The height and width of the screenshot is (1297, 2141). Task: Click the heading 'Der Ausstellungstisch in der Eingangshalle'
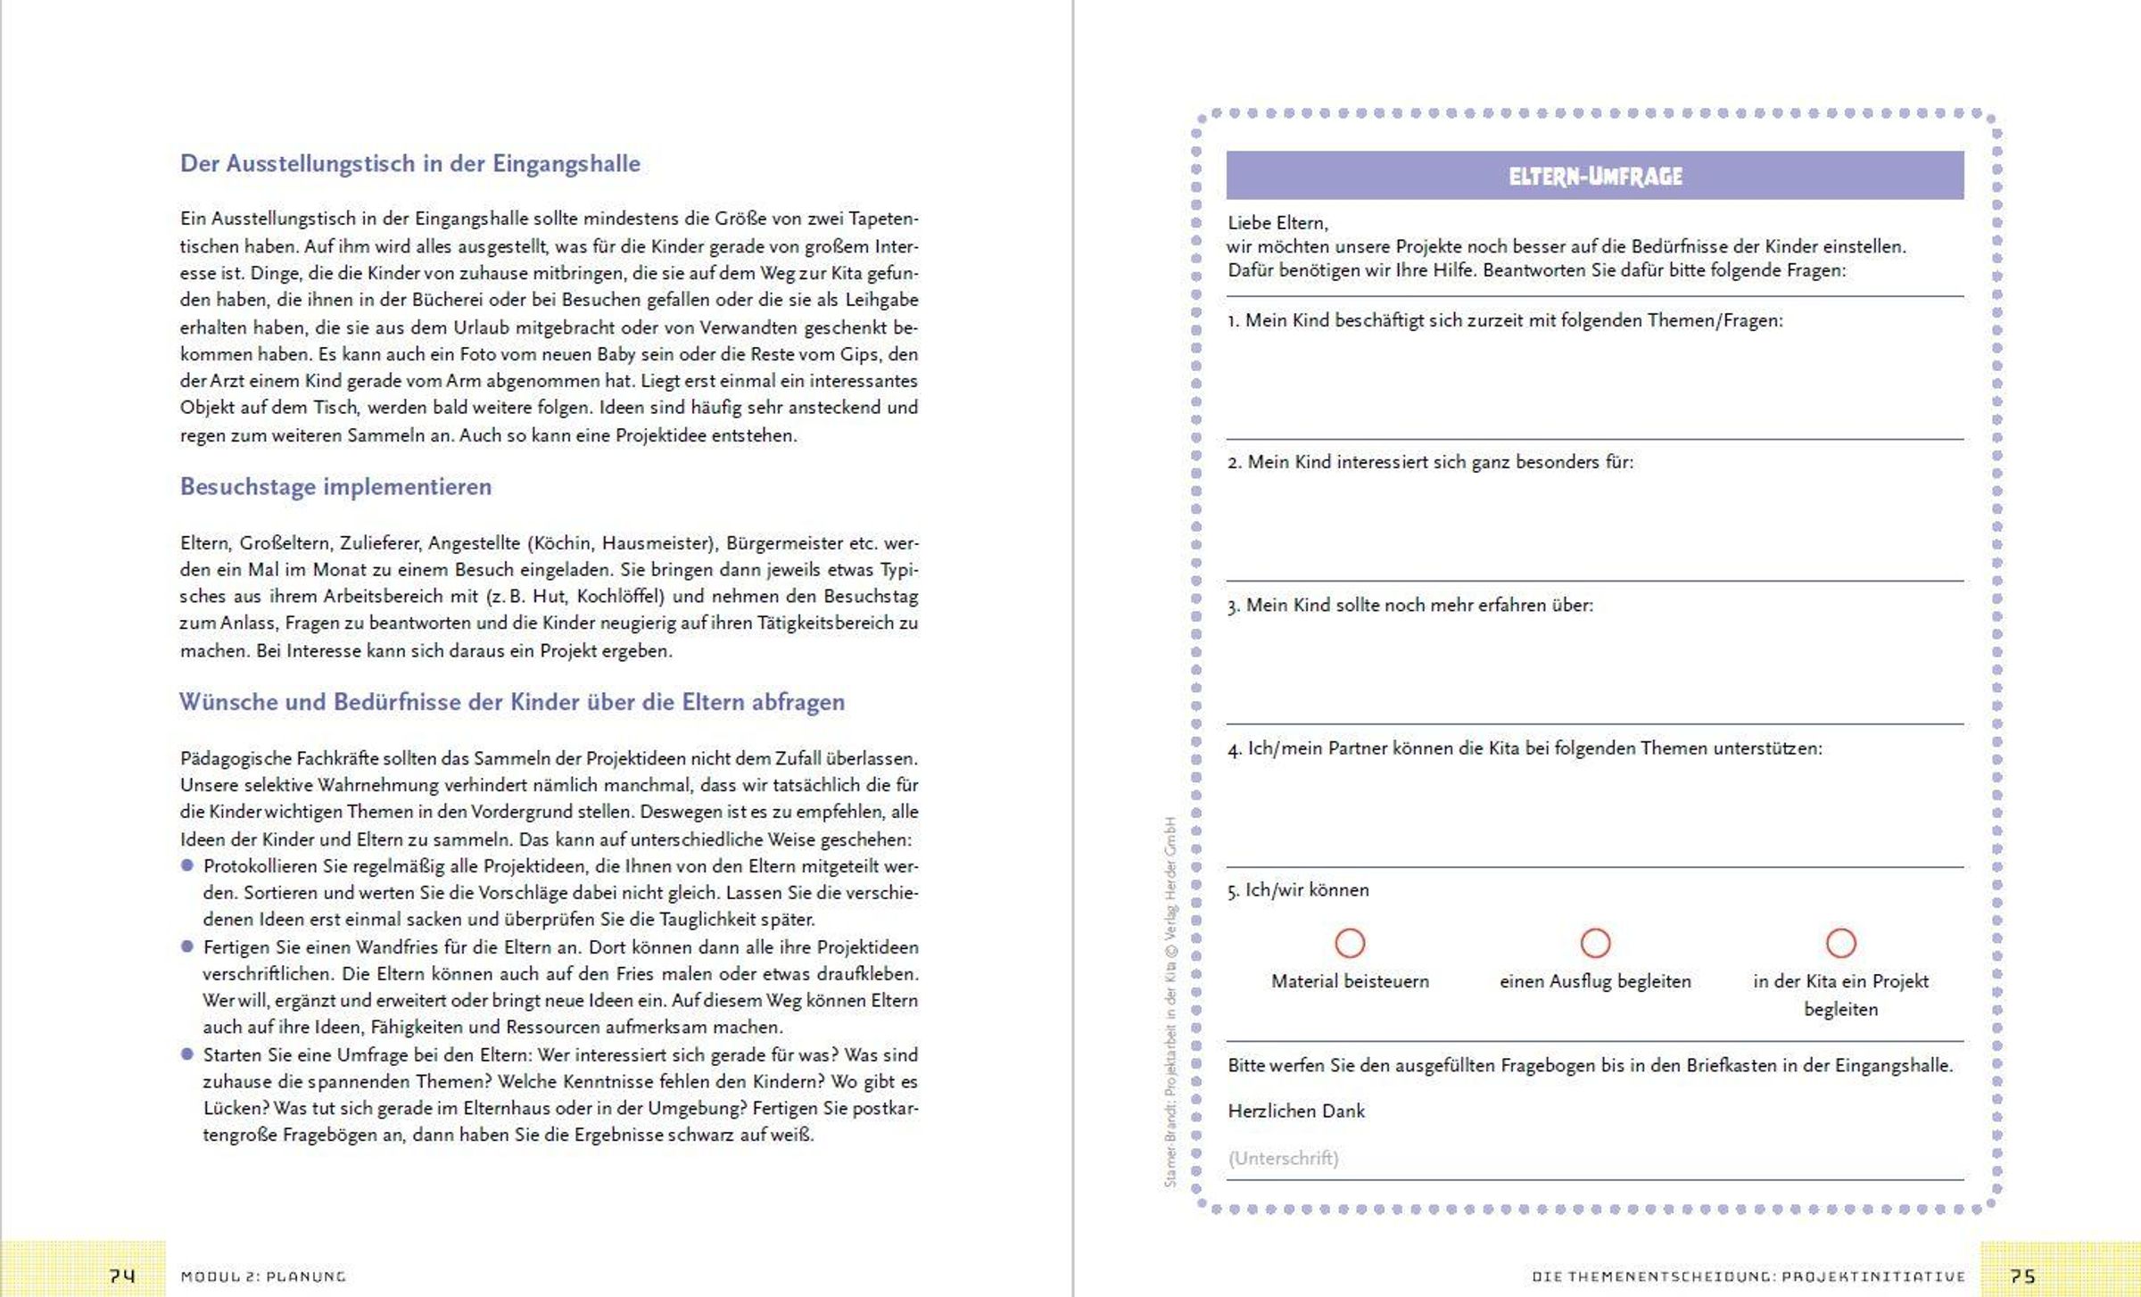(409, 164)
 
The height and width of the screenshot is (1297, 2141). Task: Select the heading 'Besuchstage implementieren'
(335, 487)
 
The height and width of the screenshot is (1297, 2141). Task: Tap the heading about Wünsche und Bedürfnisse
(511, 702)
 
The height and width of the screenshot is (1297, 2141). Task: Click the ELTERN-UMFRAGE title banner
(1594, 176)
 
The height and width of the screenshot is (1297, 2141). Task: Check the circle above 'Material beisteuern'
(1350, 943)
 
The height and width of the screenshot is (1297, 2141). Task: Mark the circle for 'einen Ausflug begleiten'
(1595, 943)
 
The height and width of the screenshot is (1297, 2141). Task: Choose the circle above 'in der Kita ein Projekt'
(1840, 943)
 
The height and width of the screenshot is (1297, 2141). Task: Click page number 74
(122, 1276)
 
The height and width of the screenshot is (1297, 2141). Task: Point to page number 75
(2022, 1276)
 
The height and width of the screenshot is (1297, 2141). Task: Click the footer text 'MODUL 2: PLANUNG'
(263, 1276)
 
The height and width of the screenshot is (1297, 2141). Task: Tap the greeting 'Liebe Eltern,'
(1277, 223)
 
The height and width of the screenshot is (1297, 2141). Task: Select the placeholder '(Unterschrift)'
(1283, 1158)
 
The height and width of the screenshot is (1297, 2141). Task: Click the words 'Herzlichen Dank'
(1296, 1111)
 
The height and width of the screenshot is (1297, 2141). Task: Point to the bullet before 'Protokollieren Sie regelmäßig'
(187, 865)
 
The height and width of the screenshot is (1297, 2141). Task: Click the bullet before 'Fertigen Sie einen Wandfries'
(187, 946)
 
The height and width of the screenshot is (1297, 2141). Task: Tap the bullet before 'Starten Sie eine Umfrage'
(187, 1054)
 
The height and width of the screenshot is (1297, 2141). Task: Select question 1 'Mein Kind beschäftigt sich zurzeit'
(1505, 321)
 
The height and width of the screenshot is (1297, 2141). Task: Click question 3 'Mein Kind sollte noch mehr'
(1410, 606)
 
